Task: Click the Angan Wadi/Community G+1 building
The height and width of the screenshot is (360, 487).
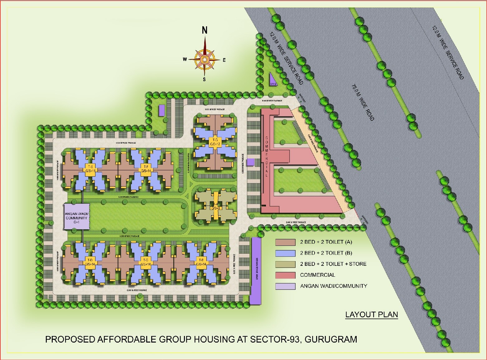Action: [x=77, y=217]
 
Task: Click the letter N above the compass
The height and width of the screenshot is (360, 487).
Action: [x=205, y=30]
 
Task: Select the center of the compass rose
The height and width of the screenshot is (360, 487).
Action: [x=205, y=59]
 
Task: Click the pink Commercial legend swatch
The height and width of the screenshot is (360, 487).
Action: [x=285, y=275]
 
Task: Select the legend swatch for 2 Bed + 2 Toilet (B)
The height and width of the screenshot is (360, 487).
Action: [x=285, y=253]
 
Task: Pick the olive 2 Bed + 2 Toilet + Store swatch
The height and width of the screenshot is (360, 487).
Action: [x=285, y=264]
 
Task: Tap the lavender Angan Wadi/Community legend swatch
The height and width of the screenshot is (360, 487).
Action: [x=285, y=286]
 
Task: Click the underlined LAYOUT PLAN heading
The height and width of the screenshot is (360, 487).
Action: [x=372, y=314]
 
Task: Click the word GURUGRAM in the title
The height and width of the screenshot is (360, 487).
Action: [x=331, y=339]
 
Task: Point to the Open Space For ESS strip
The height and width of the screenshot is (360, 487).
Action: [x=256, y=270]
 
